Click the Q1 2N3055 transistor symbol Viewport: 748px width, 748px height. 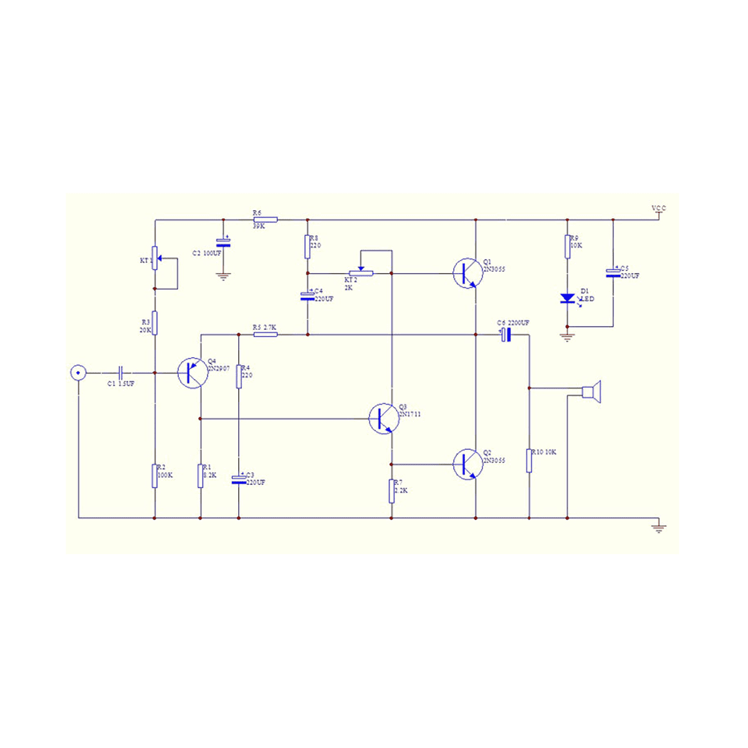tap(466, 273)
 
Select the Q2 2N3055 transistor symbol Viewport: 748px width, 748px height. tap(466, 464)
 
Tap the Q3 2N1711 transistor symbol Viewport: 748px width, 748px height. tap(383, 418)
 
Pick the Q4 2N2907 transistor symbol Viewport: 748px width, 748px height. tap(192, 373)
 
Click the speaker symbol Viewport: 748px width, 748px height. tap(591, 392)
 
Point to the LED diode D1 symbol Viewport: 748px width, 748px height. tap(567, 299)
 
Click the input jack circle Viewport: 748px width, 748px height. tap(78, 373)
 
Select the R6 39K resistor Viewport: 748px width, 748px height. tap(265, 219)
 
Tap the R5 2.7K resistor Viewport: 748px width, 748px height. tap(265, 335)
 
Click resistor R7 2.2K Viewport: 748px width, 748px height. tap(391, 491)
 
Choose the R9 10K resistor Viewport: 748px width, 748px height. tap(567, 246)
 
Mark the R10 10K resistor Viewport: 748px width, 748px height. tap(529, 460)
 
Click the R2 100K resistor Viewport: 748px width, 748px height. tap(154, 475)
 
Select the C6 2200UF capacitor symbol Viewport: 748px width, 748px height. tap(506, 335)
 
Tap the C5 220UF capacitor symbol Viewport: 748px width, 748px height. tap(613, 272)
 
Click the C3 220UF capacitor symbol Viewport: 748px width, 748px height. tap(238, 479)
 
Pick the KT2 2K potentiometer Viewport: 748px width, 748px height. tap(360, 272)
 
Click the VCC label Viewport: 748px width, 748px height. tap(659, 208)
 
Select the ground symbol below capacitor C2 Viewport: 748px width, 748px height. tap(223, 276)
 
